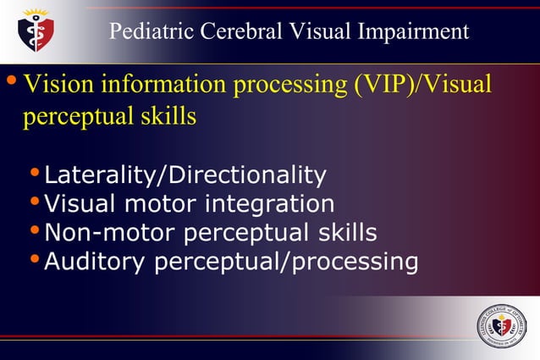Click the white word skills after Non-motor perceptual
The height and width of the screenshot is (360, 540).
[344, 232]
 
